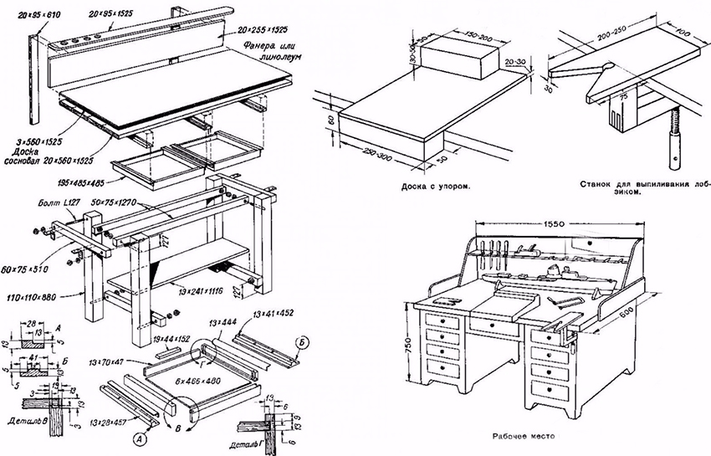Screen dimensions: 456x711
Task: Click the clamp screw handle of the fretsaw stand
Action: pyautogui.click(x=674, y=151)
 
